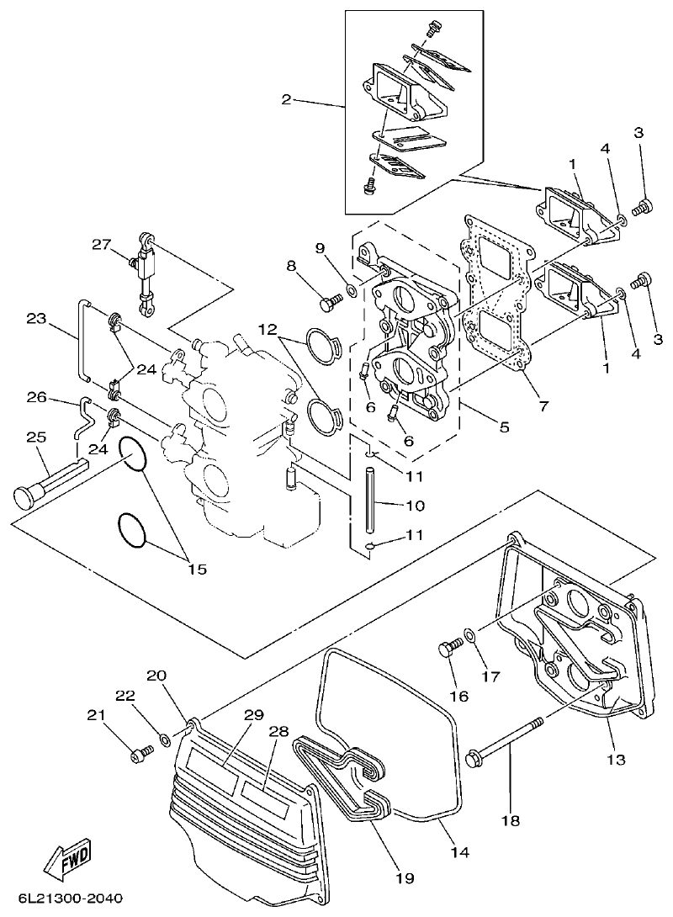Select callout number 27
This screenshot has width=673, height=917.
pyautogui.click(x=102, y=245)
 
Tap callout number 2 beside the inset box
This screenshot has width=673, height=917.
pyautogui.click(x=287, y=99)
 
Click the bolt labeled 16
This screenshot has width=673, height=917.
pyautogui.click(x=449, y=649)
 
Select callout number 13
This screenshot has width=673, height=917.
pyautogui.click(x=616, y=760)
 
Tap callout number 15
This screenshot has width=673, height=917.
pyautogui.click(x=195, y=570)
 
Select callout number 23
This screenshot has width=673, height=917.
pyautogui.click(x=36, y=321)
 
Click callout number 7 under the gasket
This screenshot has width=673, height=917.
pyautogui.click(x=543, y=405)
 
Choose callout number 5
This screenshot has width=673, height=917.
pyautogui.click(x=503, y=427)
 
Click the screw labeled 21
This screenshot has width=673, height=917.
pyautogui.click(x=139, y=755)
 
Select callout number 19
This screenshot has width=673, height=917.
pyautogui.click(x=405, y=878)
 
